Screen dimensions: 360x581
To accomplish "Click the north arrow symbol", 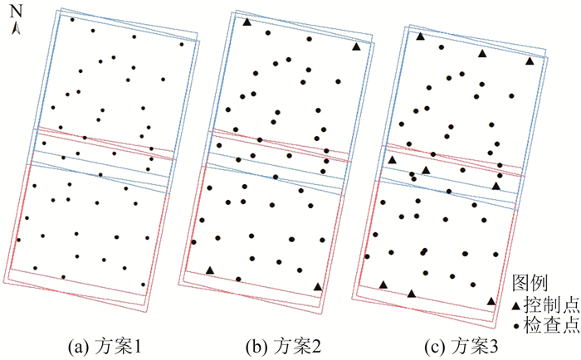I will (16, 28).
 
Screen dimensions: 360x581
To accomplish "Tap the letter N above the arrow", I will (16, 11).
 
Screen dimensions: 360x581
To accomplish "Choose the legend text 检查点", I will (553, 326).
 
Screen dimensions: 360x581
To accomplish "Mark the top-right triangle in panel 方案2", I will (356, 47).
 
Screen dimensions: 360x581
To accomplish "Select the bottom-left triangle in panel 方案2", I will (210, 270).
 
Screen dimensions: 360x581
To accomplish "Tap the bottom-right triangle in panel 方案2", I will (318, 287).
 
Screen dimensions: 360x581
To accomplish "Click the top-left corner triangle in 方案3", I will (421, 36).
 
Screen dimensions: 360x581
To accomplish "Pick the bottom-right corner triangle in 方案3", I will (491, 302).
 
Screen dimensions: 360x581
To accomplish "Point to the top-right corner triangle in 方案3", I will (530, 61).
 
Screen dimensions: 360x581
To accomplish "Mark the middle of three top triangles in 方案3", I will (481, 53).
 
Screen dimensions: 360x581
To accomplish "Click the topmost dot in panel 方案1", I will (72, 19).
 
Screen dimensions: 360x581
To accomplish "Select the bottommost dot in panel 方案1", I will (144, 284).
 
